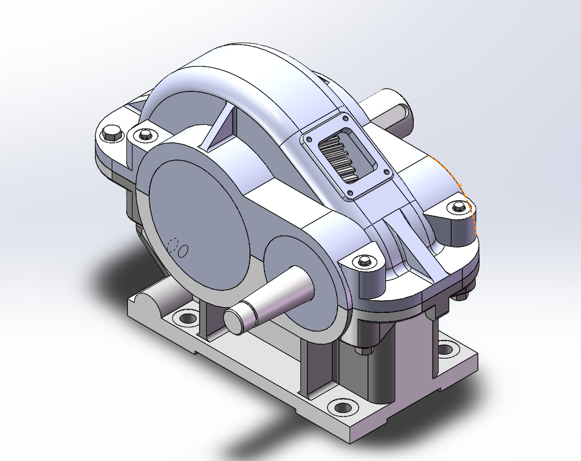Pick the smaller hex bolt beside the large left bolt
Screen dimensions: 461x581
pos(144,135)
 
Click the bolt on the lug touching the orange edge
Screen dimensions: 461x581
pos(458,206)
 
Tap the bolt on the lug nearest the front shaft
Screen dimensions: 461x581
pos(364,261)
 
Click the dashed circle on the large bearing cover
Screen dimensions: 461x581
pos(172,245)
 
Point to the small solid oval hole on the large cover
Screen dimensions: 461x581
pos(183,250)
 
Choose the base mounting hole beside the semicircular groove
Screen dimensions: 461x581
pos(187,318)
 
